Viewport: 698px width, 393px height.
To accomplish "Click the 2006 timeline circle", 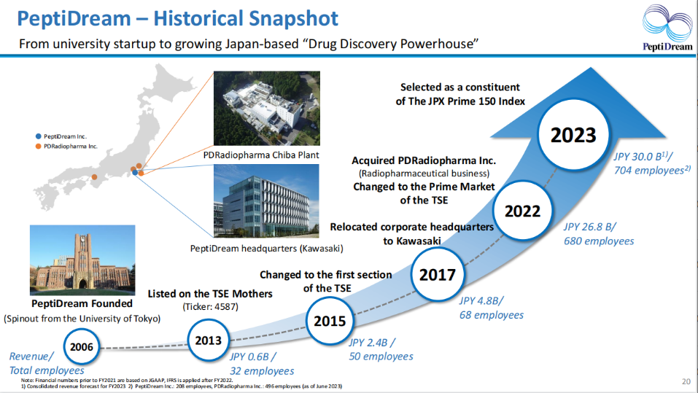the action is [82, 347].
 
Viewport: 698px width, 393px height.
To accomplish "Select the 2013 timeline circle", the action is [209, 341].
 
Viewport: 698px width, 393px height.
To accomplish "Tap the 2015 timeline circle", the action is [330, 321].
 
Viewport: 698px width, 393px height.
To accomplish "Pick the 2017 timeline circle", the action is [438, 275].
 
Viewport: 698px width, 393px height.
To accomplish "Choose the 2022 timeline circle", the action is [523, 211].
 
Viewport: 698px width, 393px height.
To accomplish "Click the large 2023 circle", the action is [573, 135].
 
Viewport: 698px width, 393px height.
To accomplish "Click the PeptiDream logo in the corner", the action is [667, 28].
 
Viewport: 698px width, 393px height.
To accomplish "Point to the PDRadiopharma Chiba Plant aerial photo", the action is [267, 108].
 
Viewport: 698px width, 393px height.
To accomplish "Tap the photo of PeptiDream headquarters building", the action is [267, 201].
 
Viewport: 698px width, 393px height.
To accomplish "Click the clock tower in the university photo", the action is [82, 254].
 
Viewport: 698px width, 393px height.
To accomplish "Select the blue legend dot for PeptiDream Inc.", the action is [38, 136].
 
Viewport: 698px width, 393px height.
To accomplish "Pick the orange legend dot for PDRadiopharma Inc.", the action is [38, 147].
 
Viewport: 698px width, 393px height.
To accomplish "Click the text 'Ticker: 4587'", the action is [211, 307].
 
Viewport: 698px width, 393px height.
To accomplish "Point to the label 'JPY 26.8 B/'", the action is [590, 227].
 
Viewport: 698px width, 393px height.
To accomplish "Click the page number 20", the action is [686, 381].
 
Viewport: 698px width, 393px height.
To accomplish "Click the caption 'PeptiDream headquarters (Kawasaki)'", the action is [267, 249].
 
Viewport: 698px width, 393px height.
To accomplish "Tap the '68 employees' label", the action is [492, 315].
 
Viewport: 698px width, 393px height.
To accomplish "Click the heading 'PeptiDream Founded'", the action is [82, 303].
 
